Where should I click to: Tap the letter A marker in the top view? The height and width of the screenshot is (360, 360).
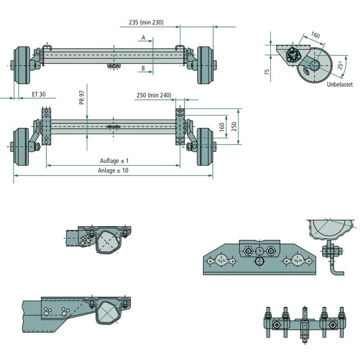coord(143,38)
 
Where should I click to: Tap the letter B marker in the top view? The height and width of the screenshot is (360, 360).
coord(143,68)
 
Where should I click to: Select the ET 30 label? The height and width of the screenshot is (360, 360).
coord(39,94)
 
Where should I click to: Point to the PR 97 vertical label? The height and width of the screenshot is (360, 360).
coord(82,98)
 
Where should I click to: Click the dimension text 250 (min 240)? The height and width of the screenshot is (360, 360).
coord(153,95)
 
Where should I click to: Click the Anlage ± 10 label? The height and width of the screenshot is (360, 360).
coord(113,171)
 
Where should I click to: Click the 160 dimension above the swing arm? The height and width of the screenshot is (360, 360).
coord(315,35)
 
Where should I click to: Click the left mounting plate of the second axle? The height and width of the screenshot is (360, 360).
coord(46,127)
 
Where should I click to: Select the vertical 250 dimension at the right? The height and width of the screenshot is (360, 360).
coord(234,127)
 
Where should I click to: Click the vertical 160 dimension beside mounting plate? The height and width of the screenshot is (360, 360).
coord(221,127)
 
